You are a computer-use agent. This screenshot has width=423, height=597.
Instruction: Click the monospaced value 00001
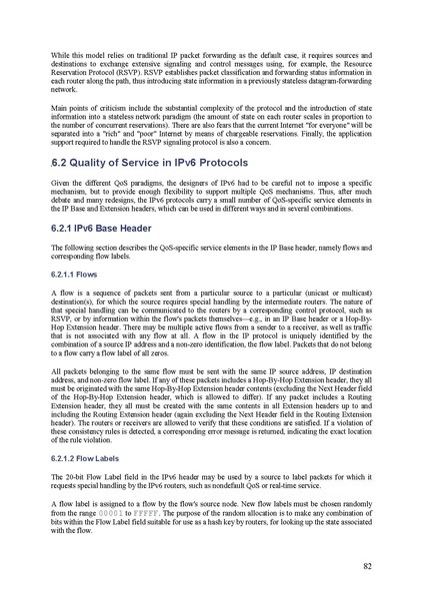(111, 505)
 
